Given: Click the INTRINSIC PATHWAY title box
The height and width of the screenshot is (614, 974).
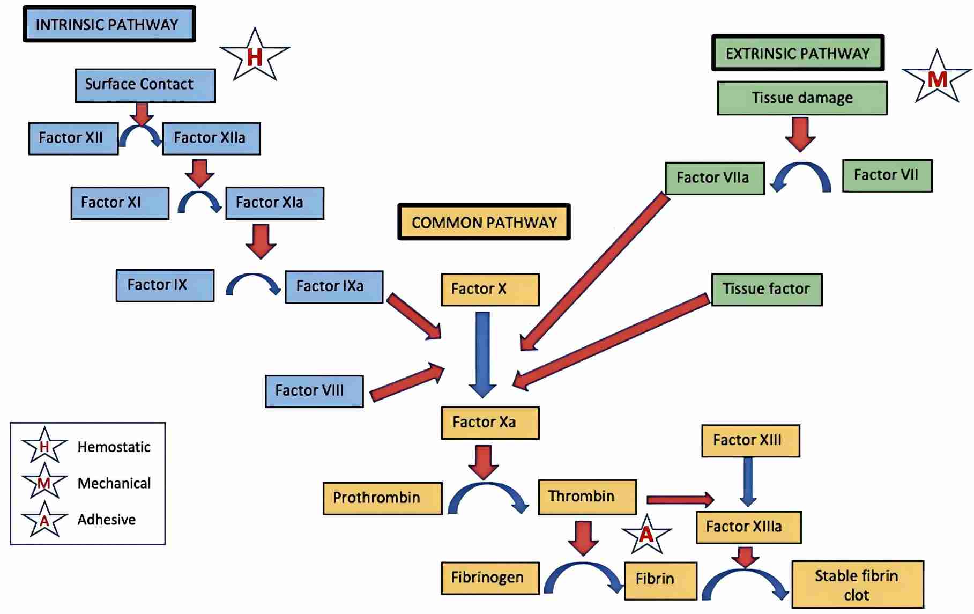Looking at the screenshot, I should [x=109, y=24].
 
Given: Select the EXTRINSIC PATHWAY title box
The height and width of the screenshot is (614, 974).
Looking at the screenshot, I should [x=798, y=53].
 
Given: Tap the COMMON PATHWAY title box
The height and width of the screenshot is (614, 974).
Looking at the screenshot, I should [x=484, y=222].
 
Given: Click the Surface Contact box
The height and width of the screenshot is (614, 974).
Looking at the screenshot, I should [x=145, y=85].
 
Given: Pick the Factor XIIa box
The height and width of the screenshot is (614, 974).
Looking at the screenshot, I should [x=211, y=138].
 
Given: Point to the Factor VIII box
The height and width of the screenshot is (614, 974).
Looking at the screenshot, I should [x=314, y=391].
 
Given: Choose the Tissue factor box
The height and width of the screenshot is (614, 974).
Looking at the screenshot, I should [x=767, y=290].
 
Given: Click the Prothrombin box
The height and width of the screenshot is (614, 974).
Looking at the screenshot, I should [x=382, y=498].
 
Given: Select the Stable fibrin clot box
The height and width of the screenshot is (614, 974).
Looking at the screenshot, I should [x=857, y=585].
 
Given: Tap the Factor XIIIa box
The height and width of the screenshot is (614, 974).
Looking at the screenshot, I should [x=748, y=527].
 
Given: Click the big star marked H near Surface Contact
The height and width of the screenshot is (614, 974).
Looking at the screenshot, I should [x=255, y=56].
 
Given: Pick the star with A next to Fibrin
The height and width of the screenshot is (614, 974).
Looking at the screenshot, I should [x=646, y=535].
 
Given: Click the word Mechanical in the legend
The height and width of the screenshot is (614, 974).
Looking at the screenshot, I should [x=114, y=483].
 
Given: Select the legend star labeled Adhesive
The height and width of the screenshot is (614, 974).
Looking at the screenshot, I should [x=44, y=520].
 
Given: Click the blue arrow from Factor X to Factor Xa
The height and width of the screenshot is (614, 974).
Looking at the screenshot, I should [x=482, y=354].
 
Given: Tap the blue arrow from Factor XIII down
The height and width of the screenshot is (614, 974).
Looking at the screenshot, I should [x=748, y=482].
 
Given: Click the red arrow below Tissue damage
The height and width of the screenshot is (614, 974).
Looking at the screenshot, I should [x=800, y=134].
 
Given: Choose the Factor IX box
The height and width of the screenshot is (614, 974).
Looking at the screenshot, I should [x=165, y=285].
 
